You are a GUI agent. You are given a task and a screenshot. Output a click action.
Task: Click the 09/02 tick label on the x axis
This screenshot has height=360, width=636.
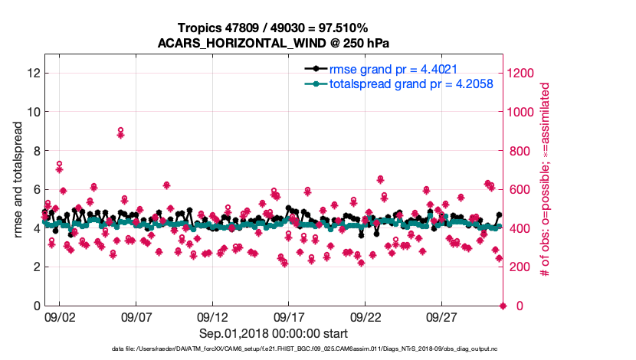pos(61,316)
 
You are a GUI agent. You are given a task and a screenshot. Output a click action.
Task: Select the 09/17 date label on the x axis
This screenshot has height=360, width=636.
pos(288,316)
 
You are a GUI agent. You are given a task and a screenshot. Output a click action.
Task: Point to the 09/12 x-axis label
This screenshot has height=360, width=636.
pos(212,316)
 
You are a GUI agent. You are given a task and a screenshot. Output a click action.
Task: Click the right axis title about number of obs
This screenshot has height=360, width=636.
pos(545,180)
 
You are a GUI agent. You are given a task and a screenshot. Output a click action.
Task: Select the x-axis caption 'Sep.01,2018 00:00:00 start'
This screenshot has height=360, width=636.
pos(274,333)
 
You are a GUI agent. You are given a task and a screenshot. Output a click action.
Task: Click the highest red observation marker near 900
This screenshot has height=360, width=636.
pos(120,131)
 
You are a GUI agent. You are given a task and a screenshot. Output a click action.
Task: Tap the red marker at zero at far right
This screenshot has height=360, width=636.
pos(503,306)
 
